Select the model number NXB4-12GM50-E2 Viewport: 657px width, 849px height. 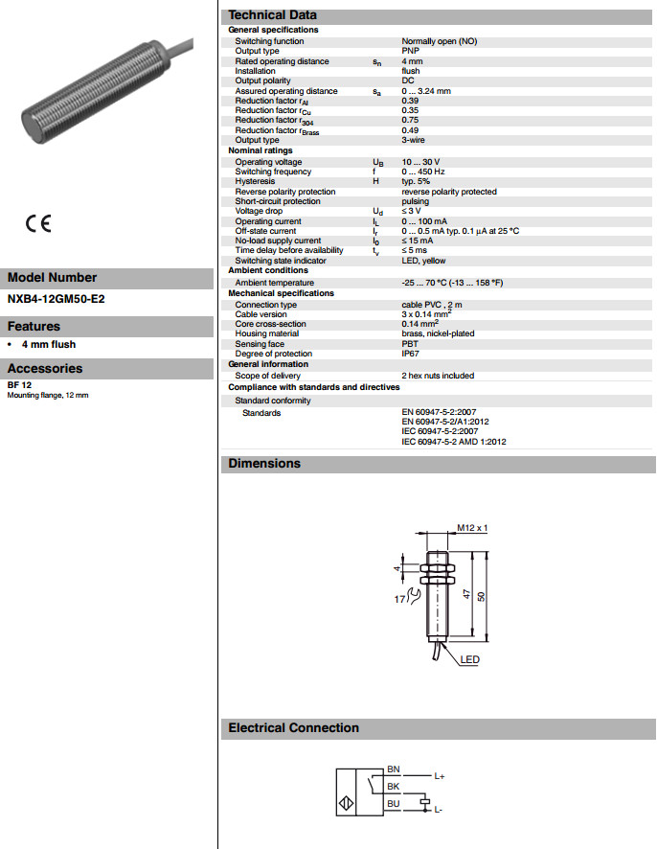tap(57, 299)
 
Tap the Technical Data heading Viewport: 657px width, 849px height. tap(272, 15)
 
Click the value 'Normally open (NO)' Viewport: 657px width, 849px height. tap(439, 41)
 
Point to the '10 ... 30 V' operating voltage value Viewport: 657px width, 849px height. tap(420, 162)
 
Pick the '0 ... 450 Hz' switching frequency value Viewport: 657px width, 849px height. tap(424, 172)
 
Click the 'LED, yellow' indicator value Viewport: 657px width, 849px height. tap(423, 261)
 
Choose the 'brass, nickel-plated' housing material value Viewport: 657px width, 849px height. tap(438, 333)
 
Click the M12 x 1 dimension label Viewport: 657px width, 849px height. tap(472, 528)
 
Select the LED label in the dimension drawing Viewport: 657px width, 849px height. tap(469, 659)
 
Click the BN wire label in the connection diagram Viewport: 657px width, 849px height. tap(393, 769)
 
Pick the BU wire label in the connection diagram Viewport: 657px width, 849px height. tap(393, 804)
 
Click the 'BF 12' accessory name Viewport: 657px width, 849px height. tap(18, 385)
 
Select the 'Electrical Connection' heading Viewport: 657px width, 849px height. tap(293, 728)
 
